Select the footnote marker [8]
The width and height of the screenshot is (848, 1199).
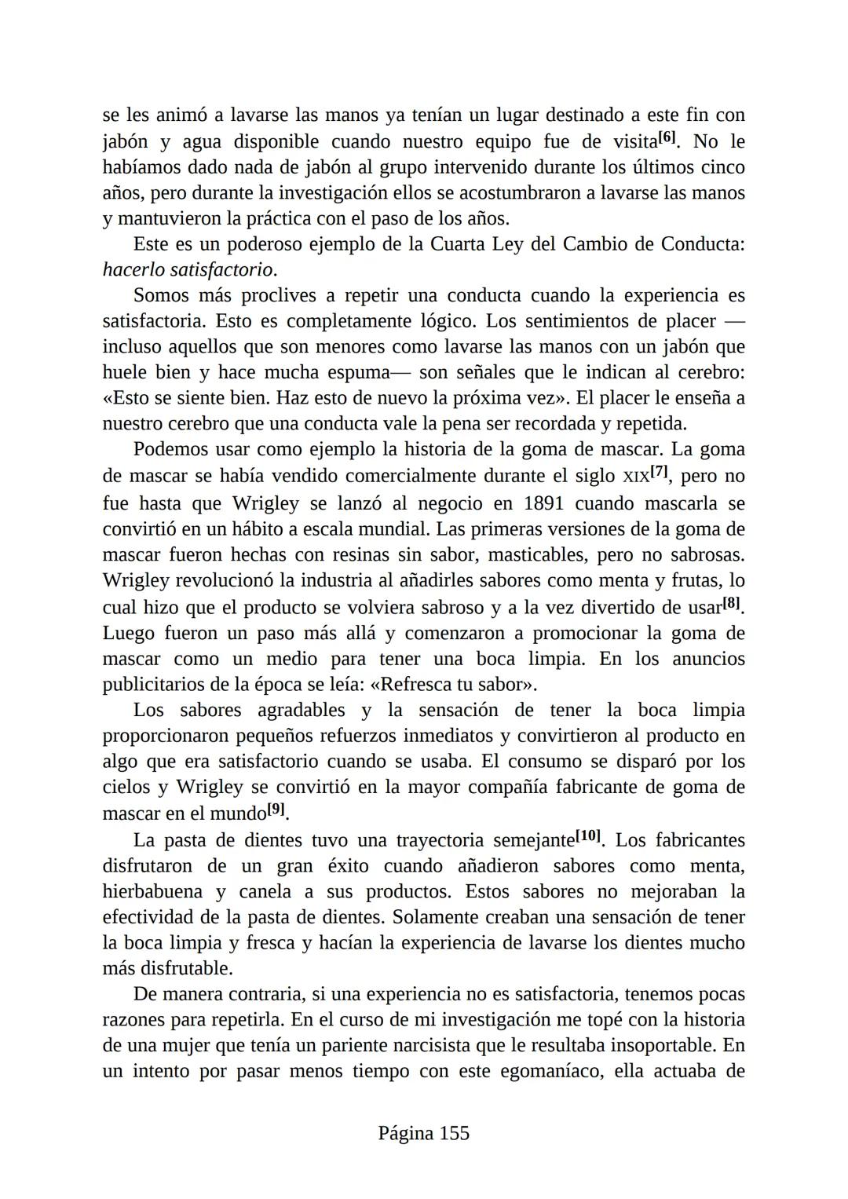click(x=731, y=604)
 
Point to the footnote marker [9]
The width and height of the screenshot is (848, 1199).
click(x=276, y=809)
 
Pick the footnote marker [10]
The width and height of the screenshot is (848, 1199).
click(x=588, y=836)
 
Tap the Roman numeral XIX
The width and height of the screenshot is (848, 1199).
click(x=635, y=477)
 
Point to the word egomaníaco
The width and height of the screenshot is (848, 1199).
click(x=550, y=1071)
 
